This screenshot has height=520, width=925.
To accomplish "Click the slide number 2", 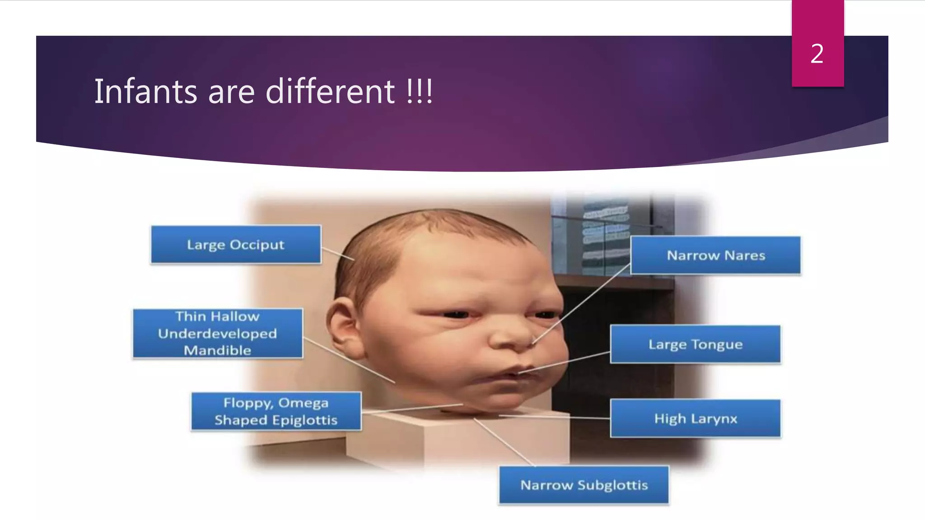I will (x=817, y=54).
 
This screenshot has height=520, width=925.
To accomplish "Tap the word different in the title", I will (x=330, y=92).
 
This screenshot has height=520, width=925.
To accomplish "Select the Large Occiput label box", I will (x=236, y=244).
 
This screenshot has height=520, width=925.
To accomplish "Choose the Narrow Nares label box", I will (x=715, y=255).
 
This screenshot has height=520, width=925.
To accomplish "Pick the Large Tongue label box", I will (x=695, y=344).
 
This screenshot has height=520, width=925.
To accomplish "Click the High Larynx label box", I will (x=695, y=418).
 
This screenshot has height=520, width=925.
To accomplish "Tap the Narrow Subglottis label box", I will (x=584, y=485).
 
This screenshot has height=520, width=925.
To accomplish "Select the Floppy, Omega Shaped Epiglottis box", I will (x=276, y=411).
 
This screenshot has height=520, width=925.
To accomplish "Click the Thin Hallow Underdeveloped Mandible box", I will (x=218, y=333).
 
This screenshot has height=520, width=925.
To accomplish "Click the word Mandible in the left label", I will (x=217, y=350).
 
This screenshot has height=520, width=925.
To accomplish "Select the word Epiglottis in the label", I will (x=304, y=420).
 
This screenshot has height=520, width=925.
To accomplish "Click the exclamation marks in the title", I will (x=420, y=92).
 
